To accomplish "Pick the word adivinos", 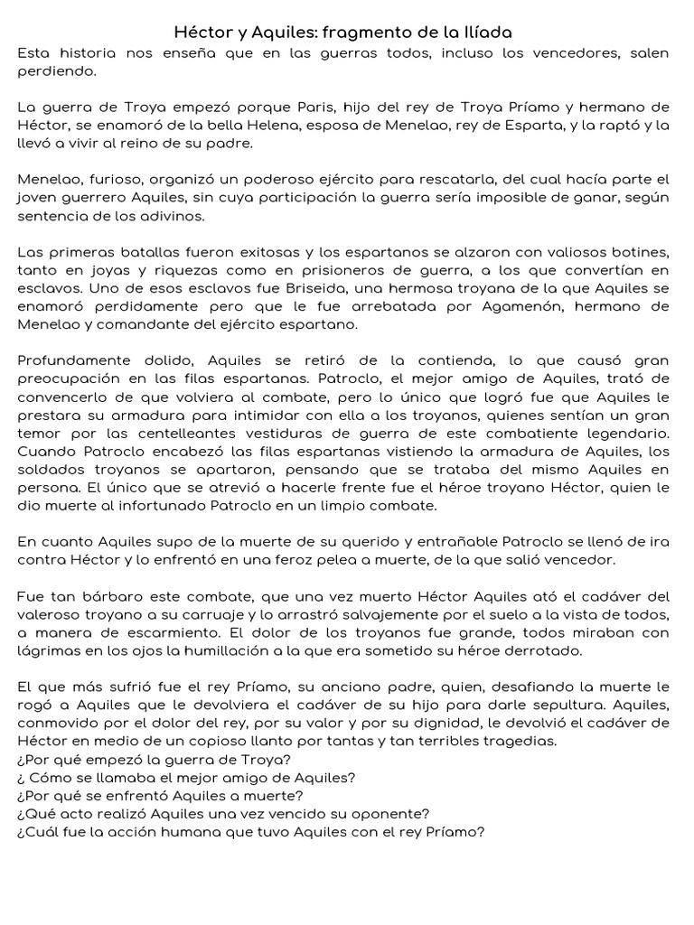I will click(x=174, y=217).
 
